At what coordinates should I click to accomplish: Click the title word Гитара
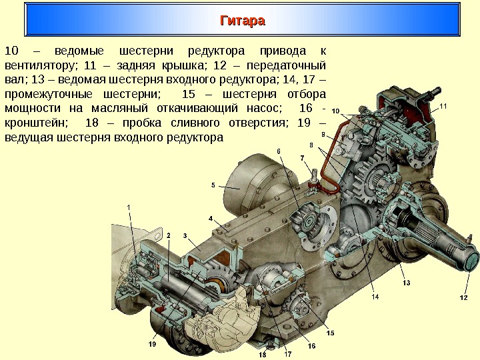[243, 21]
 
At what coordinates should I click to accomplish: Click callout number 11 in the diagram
[445, 106]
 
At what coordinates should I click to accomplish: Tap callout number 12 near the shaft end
[464, 297]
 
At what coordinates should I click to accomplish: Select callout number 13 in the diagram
[406, 283]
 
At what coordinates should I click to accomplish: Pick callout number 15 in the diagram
[330, 333]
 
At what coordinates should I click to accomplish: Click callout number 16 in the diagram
[311, 347]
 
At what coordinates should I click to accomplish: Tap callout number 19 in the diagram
[152, 345]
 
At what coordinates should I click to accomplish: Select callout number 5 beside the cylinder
[213, 185]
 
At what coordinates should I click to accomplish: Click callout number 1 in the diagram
[129, 207]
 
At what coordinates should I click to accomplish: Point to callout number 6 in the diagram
[279, 151]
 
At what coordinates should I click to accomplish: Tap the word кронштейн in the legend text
[35, 123]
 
